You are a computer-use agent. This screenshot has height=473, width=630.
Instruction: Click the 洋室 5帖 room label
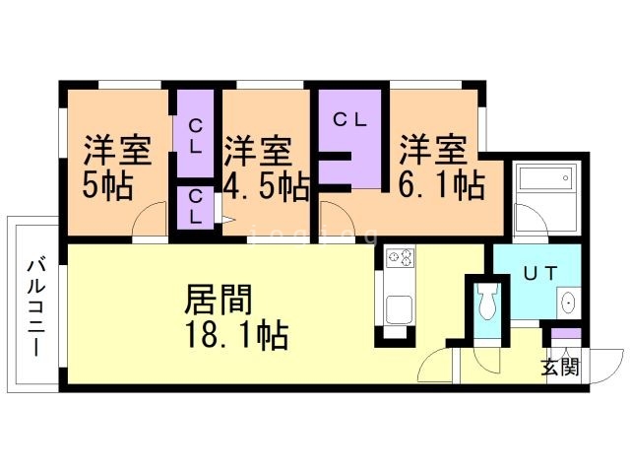116,168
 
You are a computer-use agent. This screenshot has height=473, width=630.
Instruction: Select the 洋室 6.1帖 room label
439,168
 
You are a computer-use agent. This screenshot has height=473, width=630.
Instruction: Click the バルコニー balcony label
35,306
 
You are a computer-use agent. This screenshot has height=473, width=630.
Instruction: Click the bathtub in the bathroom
543,183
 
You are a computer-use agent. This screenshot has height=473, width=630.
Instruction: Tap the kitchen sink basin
401,308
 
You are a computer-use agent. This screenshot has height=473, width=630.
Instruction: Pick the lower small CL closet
196,207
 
